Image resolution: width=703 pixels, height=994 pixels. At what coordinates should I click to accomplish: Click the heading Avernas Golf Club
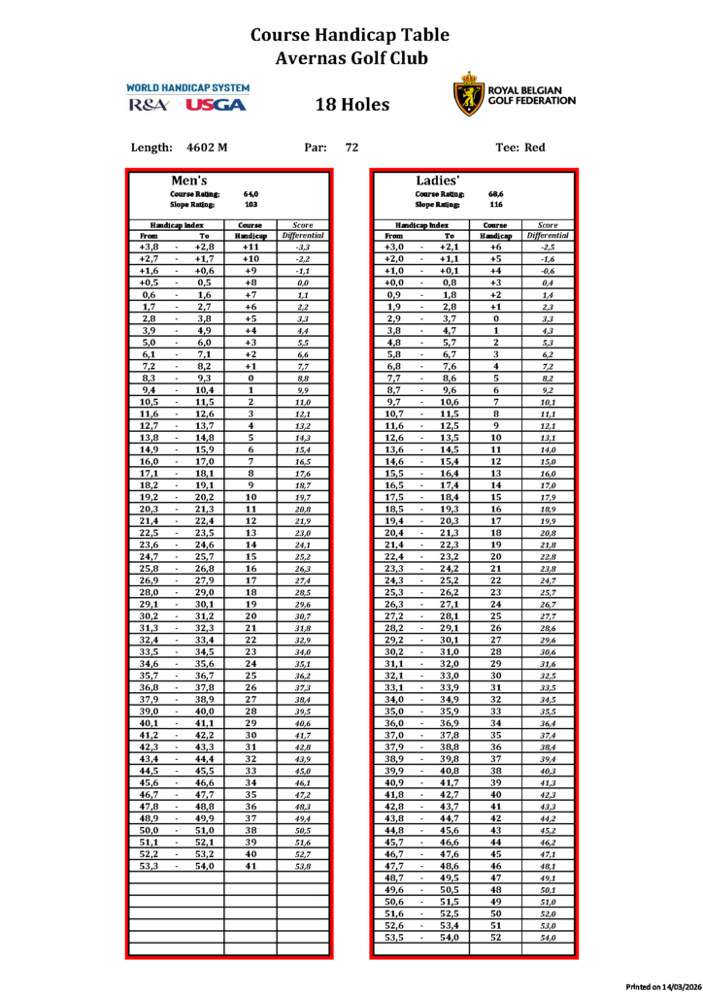point(351,58)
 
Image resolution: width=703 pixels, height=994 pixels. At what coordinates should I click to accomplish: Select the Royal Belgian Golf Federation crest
point(468,94)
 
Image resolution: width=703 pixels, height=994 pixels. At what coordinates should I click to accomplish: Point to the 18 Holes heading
point(351,105)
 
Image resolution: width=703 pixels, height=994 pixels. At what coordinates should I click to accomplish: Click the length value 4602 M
point(207,148)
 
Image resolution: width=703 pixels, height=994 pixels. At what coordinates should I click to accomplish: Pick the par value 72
point(351,148)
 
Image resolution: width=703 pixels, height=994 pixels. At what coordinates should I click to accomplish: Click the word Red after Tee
point(535,148)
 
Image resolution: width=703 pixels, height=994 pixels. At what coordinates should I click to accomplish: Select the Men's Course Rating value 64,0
point(251,194)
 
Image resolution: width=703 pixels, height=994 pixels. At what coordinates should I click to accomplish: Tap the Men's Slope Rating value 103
point(251,205)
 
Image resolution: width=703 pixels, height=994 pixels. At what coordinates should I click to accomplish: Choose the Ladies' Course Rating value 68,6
point(495,194)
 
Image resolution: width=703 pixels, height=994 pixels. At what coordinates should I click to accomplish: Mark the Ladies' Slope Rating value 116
point(495,205)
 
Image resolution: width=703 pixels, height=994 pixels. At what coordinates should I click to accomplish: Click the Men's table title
point(190,182)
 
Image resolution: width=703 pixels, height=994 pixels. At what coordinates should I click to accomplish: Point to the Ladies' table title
point(438,182)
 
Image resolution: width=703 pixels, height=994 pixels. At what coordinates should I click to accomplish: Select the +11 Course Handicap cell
point(251,248)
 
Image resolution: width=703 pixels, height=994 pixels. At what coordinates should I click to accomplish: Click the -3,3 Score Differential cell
point(302,248)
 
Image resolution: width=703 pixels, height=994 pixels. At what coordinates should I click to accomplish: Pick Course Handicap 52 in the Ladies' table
point(496,938)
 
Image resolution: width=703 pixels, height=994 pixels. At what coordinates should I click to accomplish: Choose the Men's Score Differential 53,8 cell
point(302,865)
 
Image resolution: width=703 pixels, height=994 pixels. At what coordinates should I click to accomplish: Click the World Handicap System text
point(187,88)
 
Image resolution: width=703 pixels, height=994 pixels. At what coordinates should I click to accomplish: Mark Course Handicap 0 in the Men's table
point(251,378)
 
